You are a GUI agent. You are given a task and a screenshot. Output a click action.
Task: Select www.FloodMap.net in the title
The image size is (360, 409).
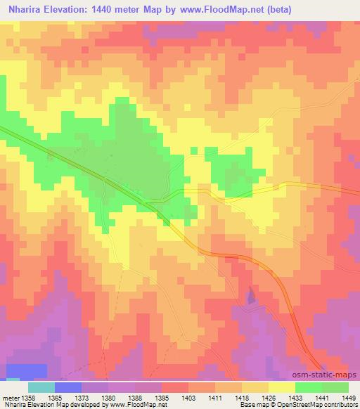point(217,10)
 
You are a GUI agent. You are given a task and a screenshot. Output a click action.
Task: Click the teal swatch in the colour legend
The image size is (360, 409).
point(41,387)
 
